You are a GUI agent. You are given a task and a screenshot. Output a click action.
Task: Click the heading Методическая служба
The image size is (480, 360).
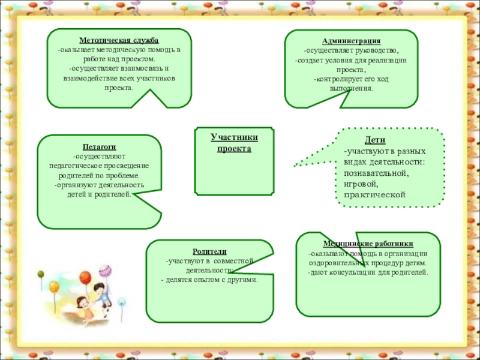pyautogui.click(x=119, y=40)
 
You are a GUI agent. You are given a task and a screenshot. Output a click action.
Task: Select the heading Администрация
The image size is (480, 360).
pyautogui.click(x=351, y=41)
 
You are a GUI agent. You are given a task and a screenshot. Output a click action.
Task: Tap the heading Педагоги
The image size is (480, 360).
pyautogui.click(x=99, y=146)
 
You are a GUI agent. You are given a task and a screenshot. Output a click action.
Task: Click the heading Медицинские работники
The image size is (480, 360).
pyautogui.click(x=368, y=244)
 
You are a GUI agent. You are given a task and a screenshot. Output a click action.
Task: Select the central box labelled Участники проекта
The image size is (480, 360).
pyautogui.click(x=234, y=143)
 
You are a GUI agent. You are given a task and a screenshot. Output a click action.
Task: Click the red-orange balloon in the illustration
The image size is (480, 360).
pyautogui.click(x=85, y=278)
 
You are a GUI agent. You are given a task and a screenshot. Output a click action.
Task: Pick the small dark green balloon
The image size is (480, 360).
pyautogui.click(x=41, y=274)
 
